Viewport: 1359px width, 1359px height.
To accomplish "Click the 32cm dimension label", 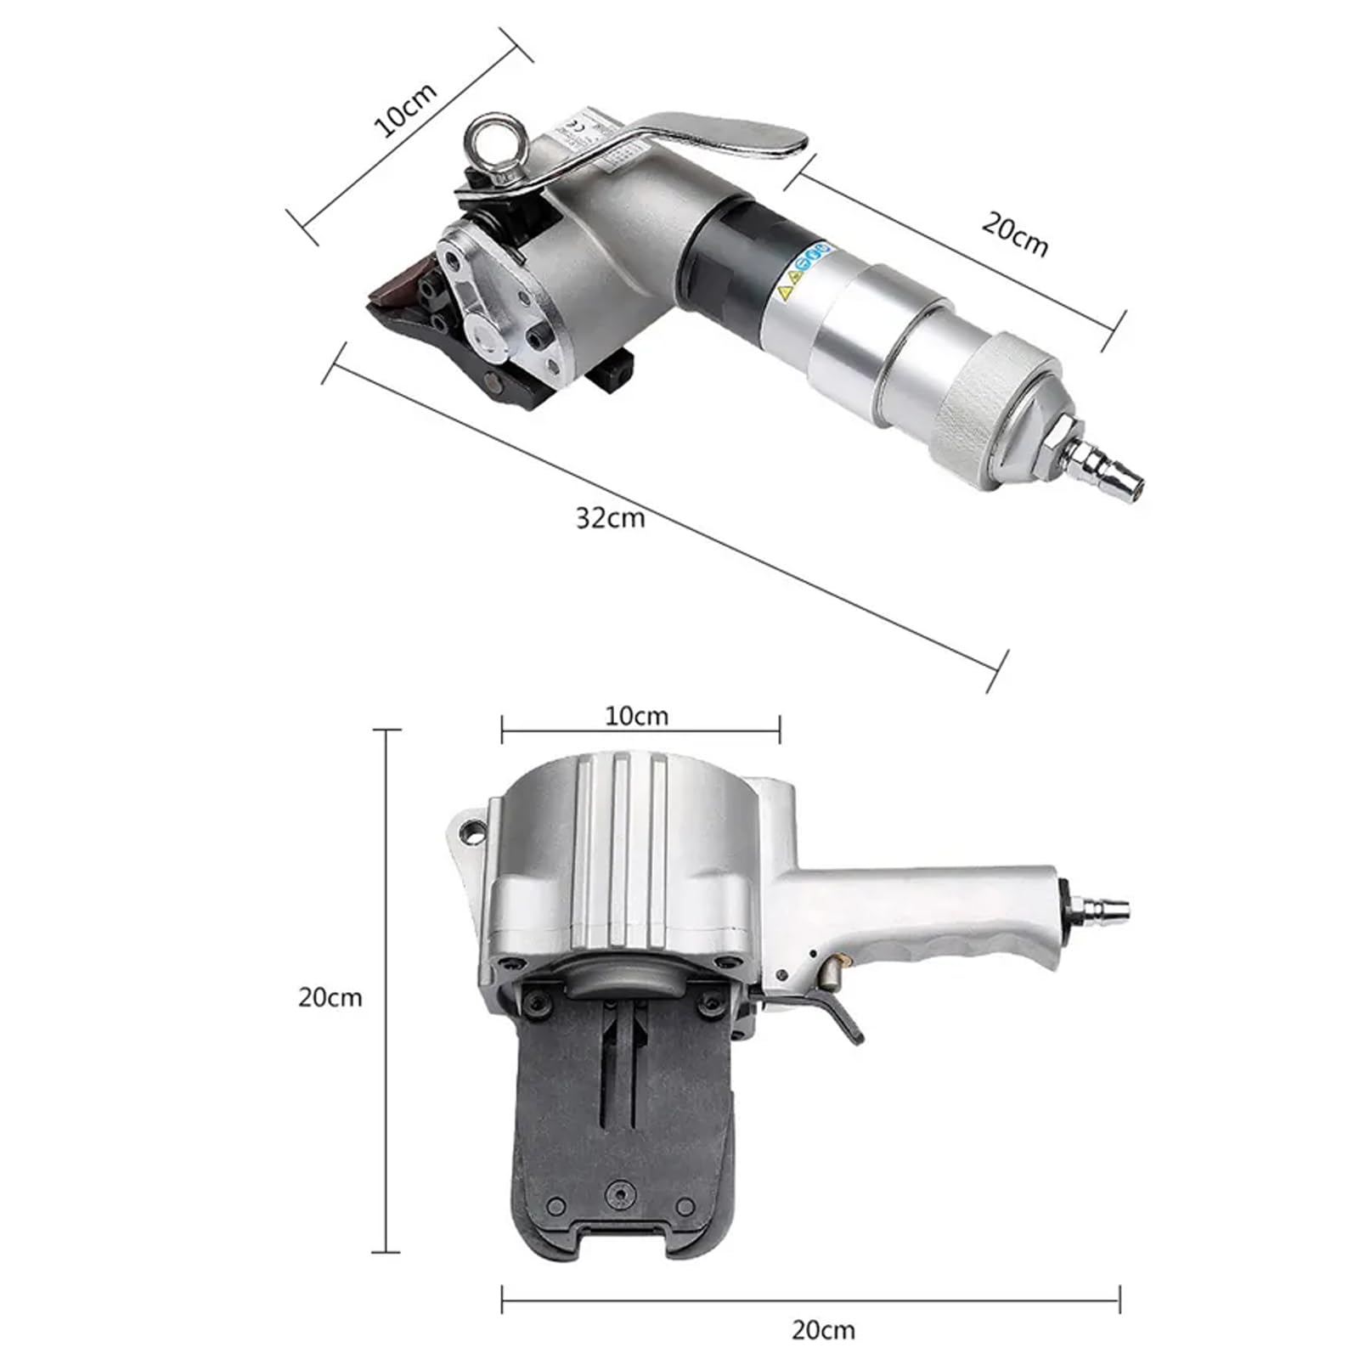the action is [610, 517].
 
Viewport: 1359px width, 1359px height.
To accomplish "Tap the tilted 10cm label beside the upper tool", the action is [405, 110].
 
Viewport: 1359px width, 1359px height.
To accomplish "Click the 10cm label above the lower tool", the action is [636, 716].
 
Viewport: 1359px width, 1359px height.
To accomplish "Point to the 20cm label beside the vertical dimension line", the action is [330, 996].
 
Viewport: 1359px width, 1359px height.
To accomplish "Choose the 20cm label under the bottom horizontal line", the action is [823, 1329].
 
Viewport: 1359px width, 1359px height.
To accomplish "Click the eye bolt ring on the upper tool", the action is [494, 144].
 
